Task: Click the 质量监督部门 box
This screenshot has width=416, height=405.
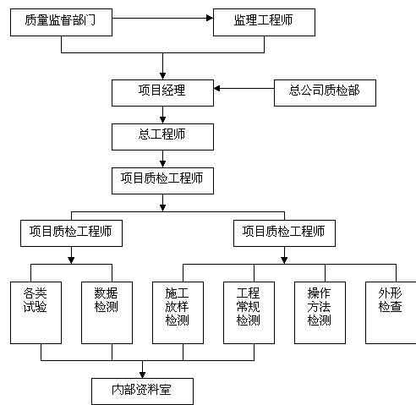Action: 61,22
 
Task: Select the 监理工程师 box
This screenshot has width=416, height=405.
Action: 264,22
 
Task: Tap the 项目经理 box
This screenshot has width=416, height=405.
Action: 162,93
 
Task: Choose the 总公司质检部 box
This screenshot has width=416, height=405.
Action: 325,93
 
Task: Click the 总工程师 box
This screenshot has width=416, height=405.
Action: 162,137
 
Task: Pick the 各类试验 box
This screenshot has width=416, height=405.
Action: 36,313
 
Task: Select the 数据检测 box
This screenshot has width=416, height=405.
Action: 107,313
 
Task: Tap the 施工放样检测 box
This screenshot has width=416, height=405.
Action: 178,313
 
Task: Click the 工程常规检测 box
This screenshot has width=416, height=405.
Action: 249,313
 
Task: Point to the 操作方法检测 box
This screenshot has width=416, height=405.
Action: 320,313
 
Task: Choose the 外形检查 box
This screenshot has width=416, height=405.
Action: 391,313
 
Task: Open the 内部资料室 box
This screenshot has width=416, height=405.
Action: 142,391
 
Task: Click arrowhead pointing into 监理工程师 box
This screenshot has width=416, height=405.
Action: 210,18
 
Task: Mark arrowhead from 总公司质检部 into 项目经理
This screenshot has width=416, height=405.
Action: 217,88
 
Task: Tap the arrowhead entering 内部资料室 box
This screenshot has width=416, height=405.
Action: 142,375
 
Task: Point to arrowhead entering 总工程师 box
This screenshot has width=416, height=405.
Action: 162,120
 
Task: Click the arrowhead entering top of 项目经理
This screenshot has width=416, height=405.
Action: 162,76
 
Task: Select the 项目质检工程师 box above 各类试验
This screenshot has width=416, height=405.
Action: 71,233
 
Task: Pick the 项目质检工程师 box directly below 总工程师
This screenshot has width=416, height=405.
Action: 162,181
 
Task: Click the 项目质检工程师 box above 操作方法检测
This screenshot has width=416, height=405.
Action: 284,233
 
